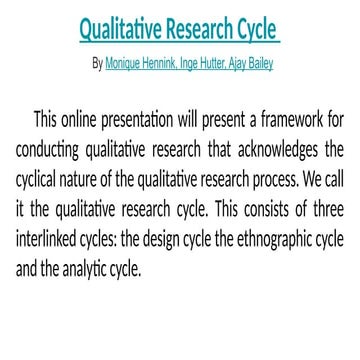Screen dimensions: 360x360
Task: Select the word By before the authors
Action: (96, 62)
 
